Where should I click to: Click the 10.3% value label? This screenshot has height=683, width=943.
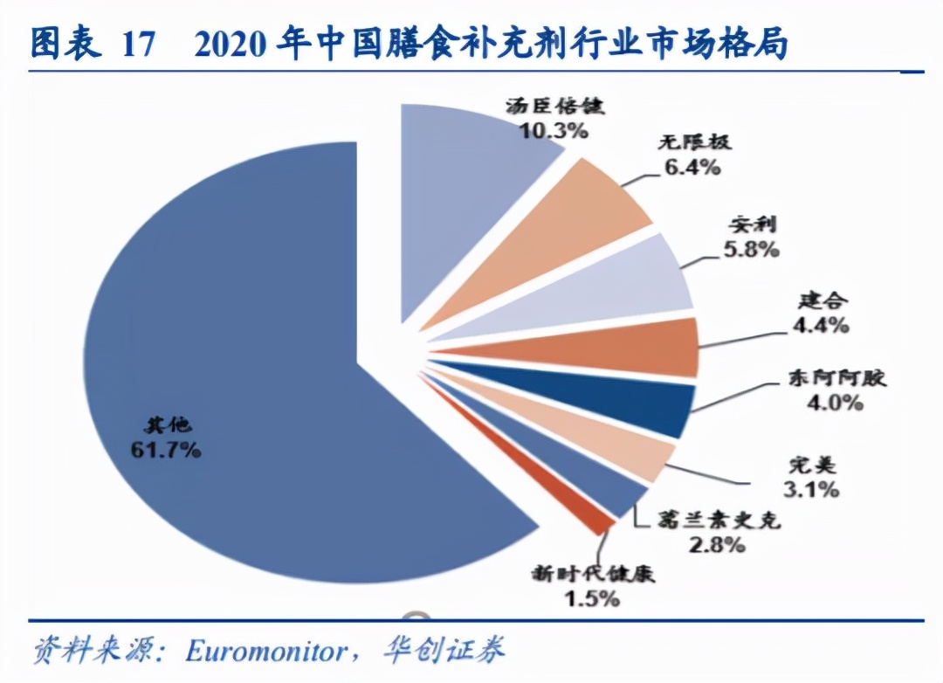point(553,131)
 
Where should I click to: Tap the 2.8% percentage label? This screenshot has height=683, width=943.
point(714,546)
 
